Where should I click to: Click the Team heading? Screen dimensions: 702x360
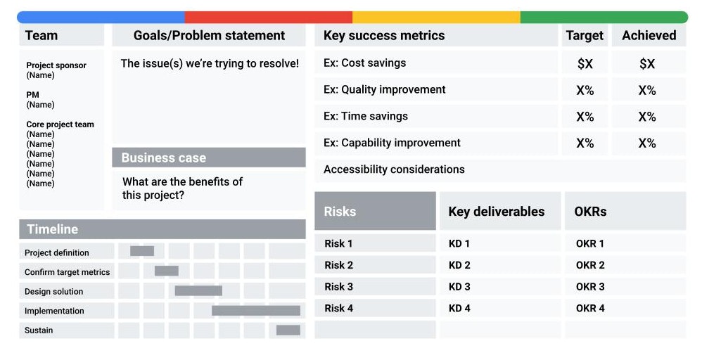pyautogui.click(x=42, y=35)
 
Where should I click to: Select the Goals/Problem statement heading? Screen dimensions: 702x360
pyautogui.click(x=209, y=35)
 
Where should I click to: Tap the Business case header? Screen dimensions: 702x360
pyautogui.click(x=164, y=157)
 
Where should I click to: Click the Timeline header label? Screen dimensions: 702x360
pyautogui.click(x=52, y=229)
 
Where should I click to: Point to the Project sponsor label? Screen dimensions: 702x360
pyautogui.click(x=56, y=65)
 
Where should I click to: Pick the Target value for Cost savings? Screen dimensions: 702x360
pyautogui.click(x=585, y=63)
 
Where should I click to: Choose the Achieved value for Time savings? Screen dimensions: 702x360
pyautogui.click(x=647, y=117)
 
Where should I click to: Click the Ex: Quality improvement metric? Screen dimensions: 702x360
pyautogui.click(x=385, y=89)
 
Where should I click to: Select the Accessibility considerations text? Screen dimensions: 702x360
pyautogui.click(x=394, y=169)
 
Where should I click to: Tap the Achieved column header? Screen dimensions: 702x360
pyautogui.click(x=649, y=35)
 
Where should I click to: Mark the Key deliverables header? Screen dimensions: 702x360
pyautogui.click(x=497, y=212)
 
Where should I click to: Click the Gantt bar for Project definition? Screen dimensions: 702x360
pyautogui.click(x=142, y=251)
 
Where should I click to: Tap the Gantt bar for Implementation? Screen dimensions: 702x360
pyautogui.click(x=256, y=311)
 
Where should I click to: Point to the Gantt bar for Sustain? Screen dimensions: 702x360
pyautogui.click(x=288, y=330)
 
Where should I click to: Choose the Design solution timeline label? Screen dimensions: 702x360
pyautogui.click(x=53, y=292)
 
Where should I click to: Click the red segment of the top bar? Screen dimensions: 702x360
pyautogui.click(x=269, y=18)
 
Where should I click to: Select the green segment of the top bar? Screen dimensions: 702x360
pyautogui.click(x=604, y=18)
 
